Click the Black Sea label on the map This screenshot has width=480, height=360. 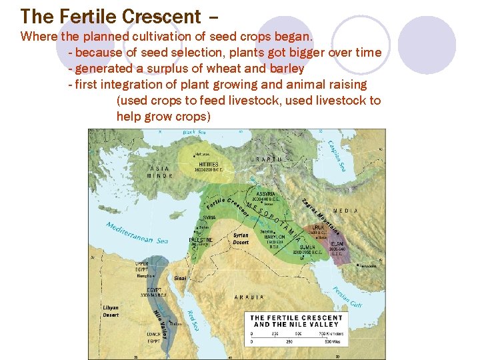click(x=195, y=133)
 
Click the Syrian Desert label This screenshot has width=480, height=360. click(x=241, y=239)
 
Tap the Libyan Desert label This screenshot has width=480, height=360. click(x=111, y=311)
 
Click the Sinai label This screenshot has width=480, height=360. click(x=181, y=277)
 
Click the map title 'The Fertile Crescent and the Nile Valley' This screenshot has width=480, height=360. click(x=297, y=321)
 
